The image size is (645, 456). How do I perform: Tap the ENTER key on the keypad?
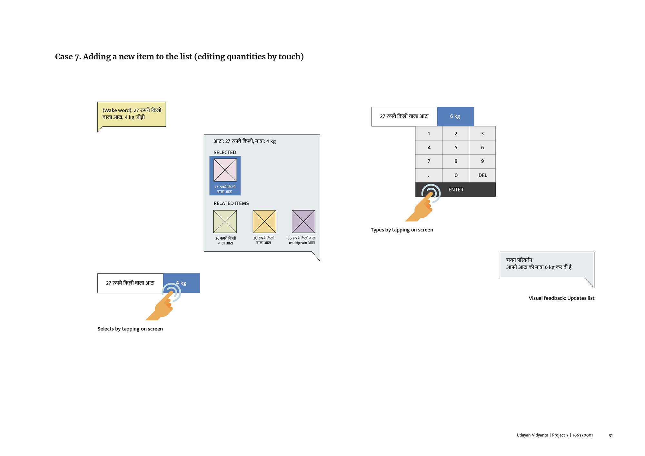(x=455, y=190)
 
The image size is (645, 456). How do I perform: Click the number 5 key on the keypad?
(x=456, y=147)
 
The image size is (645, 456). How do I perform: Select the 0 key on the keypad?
(x=456, y=175)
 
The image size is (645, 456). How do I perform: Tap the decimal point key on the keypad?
(x=429, y=175)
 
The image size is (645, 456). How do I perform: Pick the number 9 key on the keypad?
(x=482, y=161)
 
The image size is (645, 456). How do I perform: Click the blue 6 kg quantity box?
(x=455, y=116)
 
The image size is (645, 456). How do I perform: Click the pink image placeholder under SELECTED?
(x=225, y=170)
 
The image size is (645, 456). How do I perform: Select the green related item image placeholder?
(x=225, y=222)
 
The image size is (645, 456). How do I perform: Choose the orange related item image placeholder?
(x=264, y=222)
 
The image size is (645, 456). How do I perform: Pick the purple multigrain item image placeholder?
(x=303, y=222)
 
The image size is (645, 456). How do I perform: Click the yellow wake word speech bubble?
(x=132, y=114)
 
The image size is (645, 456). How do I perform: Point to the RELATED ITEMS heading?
(x=231, y=203)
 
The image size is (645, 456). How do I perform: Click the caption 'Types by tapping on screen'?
(x=402, y=230)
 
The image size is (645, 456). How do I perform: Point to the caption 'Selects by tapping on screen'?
(x=130, y=329)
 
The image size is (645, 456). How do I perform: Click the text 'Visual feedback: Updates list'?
(x=561, y=298)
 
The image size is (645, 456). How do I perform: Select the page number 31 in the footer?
(x=610, y=435)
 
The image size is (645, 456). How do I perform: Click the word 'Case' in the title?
(x=64, y=57)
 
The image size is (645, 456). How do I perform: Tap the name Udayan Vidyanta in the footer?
(x=532, y=435)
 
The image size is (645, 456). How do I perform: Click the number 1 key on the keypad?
(x=429, y=134)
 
